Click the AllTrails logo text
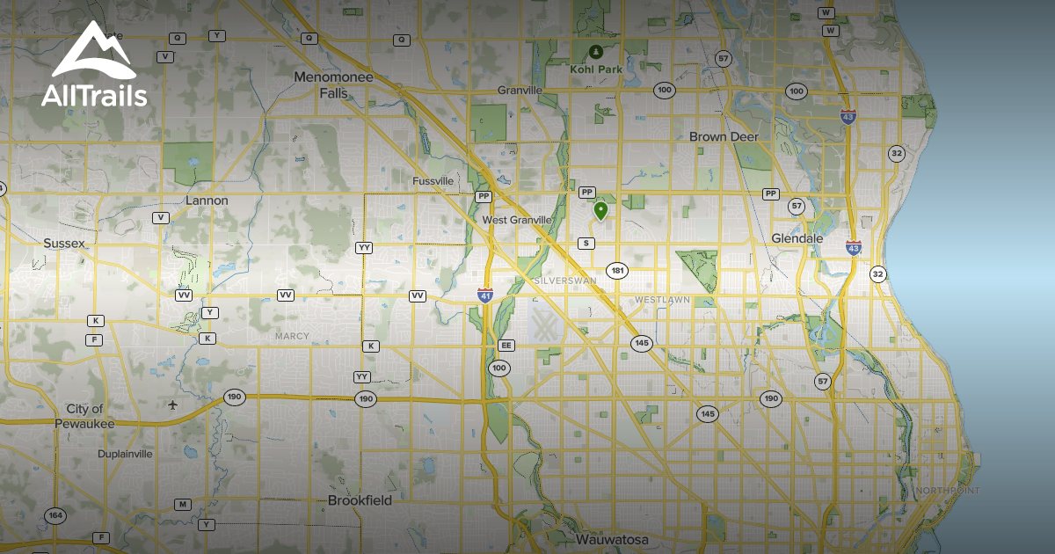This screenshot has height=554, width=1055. click(x=94, y=96)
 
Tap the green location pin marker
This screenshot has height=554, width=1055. click(x=600, y=210)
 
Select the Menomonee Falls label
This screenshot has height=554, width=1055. click(x=333, y=84)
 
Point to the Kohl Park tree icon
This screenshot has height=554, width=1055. click(x=597, y=53)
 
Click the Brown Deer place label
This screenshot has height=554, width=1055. click(x=724, y=136)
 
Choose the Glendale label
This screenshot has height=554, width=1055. click(x=797, y=238)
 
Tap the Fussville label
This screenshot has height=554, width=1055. click(x=433, y=181)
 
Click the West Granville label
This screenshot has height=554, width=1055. click(x=518, y=220)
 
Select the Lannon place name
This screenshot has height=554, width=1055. click(x=207, y=200)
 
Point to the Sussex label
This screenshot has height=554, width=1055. click(x=64, y=241)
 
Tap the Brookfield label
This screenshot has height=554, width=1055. click(x=360, y=499)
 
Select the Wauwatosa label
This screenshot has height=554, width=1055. click(x=612, y=538)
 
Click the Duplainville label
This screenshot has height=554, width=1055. click(x=125, y=455)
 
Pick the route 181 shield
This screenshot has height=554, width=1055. click(x=617, y=270)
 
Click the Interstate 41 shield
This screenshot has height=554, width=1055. click(x=485, y=295)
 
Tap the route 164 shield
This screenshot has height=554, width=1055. click(x=55, y=515)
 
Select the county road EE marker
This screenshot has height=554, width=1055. click(x=506, y=346)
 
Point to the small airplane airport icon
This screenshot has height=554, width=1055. click(x=173, y=405)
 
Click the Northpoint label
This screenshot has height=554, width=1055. click(x=948, y=490)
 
